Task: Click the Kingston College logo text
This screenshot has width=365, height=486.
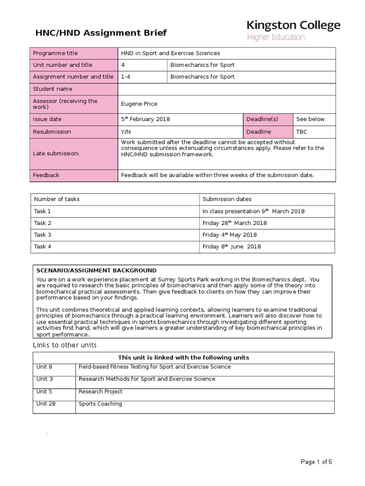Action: click(x=293, y=26)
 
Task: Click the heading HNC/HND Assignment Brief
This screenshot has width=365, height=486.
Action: click(x=101, y=33)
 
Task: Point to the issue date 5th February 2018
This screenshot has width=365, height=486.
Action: click(x=145, y=119)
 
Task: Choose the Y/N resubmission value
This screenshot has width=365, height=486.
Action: click(x=127, y=131)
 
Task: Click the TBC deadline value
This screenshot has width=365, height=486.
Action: click(x=302, y=131)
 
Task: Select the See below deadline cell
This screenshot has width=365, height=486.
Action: click(x=310, y=119)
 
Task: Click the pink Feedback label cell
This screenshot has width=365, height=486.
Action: click(x=46, y=175)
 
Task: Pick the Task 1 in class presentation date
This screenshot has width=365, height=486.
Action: click(x=253, y=211)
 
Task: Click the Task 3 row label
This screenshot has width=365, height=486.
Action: click(x=42, y=234)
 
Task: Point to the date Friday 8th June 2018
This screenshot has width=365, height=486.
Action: click(x=231, y=246)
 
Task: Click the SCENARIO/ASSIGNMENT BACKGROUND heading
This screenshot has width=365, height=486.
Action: click(x=96, y=270)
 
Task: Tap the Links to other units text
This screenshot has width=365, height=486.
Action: click(x=65, y=345)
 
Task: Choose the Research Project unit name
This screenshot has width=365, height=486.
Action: click(x=100, y=392)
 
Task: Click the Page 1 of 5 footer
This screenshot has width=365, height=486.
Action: click(x=316, y=462)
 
